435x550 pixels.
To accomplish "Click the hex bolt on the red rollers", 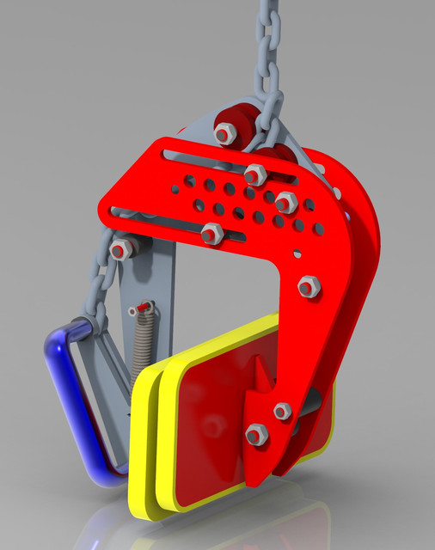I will (224, 133).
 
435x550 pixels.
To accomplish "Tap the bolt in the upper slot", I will (255, 174).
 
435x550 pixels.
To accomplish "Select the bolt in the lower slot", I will (211, 233).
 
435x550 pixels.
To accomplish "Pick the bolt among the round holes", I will (285, 204).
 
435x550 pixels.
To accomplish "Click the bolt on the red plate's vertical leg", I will (309, 287).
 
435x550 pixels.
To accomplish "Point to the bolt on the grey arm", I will (122, 249).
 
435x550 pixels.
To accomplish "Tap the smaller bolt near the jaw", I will (282, 412).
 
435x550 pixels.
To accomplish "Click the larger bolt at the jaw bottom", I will (256, 435).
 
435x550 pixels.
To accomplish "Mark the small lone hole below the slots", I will (297, 254).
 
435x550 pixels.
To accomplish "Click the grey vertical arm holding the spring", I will (163, 284).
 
